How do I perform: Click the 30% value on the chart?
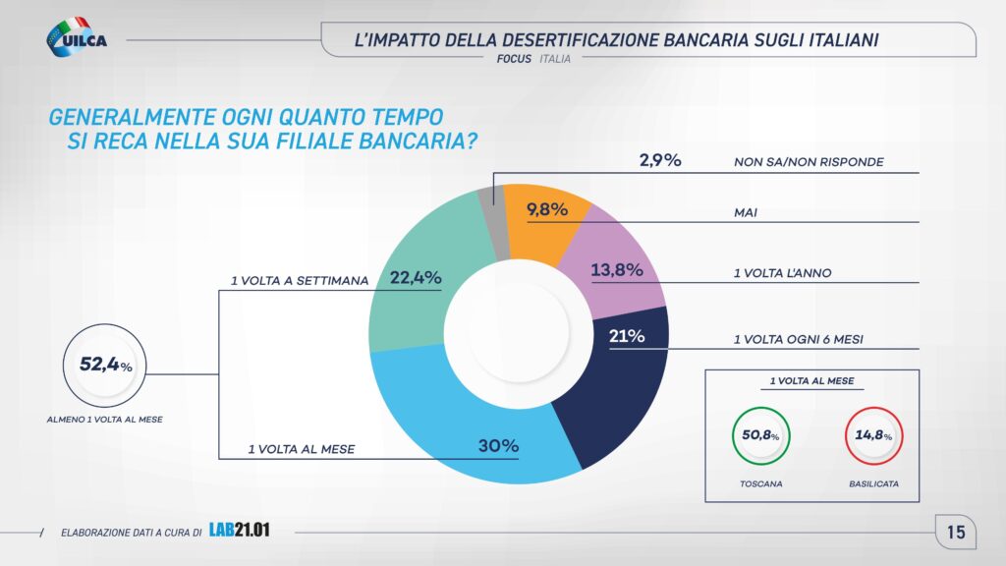498,445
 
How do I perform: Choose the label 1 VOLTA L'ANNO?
783,273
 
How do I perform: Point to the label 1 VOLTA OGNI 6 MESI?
799,339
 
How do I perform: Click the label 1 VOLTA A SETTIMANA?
300,280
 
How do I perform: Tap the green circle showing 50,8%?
761,435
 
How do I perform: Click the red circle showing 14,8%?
872,435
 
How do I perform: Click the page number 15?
956,533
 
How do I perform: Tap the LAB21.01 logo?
239,531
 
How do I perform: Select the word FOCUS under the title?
515,59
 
